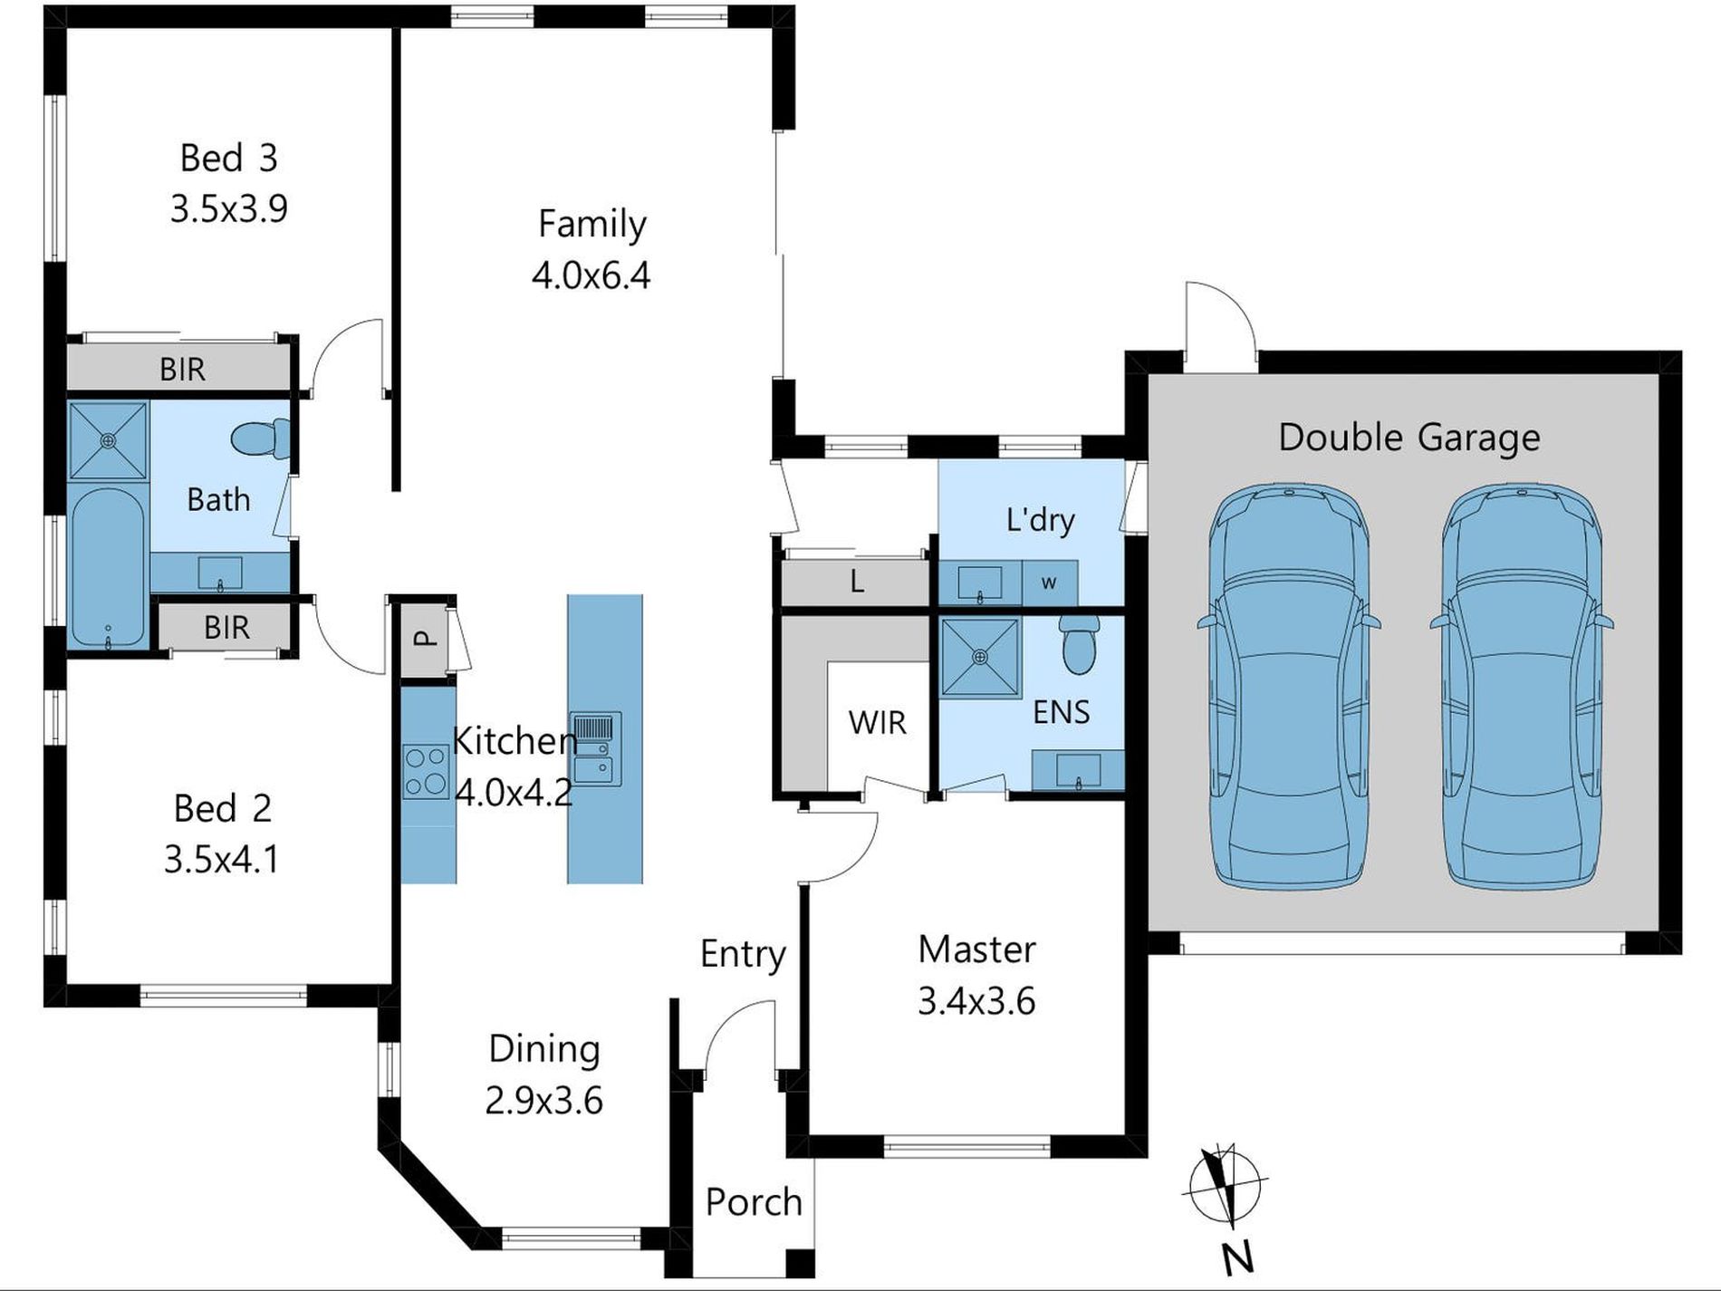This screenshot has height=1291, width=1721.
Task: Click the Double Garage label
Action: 1409,438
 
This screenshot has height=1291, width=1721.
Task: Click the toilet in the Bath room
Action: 260,439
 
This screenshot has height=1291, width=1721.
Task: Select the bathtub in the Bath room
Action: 107,568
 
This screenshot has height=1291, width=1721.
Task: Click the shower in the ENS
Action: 979,657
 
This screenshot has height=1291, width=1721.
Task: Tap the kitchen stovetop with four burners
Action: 426,771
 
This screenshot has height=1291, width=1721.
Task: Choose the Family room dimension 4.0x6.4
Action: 591,275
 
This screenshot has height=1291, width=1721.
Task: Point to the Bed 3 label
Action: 228,159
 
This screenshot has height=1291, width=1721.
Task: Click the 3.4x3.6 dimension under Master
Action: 976,1002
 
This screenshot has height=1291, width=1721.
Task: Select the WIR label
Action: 877,723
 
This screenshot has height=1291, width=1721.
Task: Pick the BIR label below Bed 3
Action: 182,370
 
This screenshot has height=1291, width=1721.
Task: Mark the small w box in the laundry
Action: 1049,583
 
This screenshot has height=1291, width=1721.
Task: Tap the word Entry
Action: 743,954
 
